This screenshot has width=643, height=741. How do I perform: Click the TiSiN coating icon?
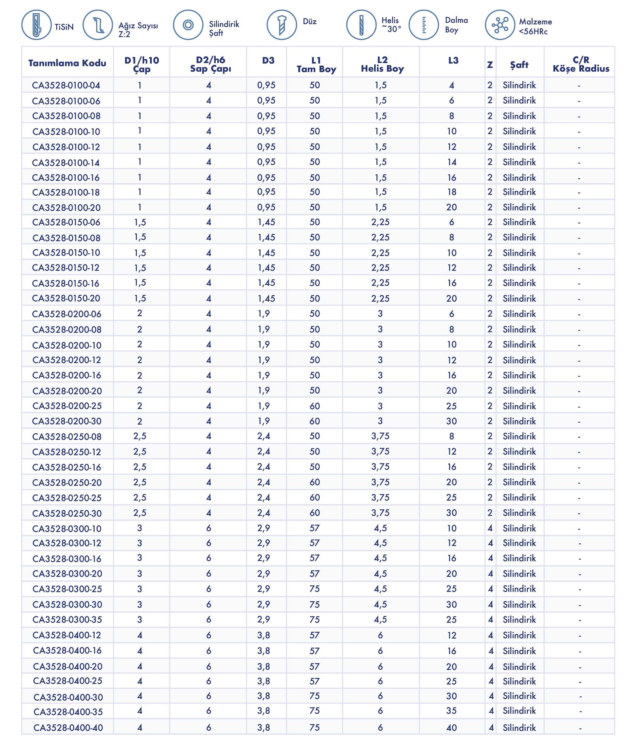pyautogui.click(x=36, y=25)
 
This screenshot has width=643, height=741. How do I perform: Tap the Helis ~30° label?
pyautogui.click(x=391, y=25)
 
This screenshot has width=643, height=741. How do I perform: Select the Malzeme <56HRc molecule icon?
pyautogui.click(x=500, y=25)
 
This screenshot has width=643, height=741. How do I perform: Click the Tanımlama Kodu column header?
pyautogui.click(x=67, y=63)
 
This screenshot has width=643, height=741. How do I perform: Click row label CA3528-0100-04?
pyautogui.click(x=66, y=85)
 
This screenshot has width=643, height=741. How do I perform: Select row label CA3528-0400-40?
pyautogui.click(x=68, y=728)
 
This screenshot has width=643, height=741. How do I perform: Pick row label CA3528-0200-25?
pyautogui.click(x=67, y=406)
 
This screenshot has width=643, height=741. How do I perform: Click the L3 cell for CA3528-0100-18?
pyautogui.click(x=451, y=192)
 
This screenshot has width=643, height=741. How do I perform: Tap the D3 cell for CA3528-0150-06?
pyautogui.click(x=266, y=222)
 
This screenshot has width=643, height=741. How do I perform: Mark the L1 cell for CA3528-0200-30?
pyautogui.click(x=315, y=421)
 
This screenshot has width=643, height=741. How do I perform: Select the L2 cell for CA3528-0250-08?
pyautogui.click(x=380, y=436)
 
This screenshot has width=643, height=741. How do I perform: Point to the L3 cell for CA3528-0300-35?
pyautogui.click(x=451, y=620)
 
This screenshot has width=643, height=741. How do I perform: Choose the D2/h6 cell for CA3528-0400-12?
pyautogui.click(x=208, y=635)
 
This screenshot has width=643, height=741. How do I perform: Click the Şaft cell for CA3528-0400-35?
pyautogui.click(x=519, y=711)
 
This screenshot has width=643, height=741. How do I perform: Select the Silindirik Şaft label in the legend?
pyautogui.click(x=224, y=29)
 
